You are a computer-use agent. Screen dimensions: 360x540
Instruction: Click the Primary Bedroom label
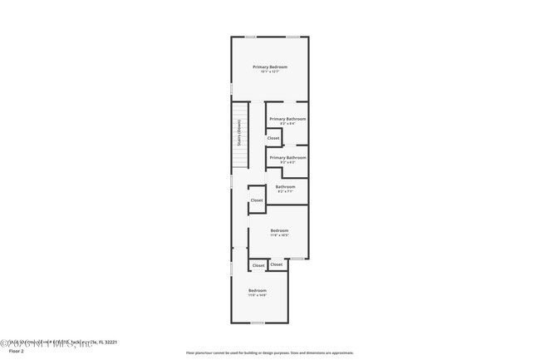(270, 67)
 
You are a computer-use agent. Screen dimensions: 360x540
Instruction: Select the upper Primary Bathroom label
(287, 119)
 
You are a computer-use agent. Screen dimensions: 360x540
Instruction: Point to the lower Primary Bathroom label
(287, 157)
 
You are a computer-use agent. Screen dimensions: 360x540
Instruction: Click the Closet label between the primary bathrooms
(273, 138)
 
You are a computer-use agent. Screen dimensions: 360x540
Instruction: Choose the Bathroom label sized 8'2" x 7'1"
(286, 187)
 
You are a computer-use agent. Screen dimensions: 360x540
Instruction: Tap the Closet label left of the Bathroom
(257, 200)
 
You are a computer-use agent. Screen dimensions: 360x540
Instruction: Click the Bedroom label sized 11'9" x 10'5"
(279, 230)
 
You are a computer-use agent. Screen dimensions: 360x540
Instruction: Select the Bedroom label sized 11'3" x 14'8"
(258, 290)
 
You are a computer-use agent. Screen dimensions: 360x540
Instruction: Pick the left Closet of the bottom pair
(258, 265)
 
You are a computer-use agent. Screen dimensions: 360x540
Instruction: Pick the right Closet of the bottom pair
(277, 264)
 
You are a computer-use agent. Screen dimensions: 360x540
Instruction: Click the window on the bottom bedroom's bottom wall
(258, 323)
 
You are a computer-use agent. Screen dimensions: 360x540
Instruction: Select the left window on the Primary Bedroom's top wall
(250, 37)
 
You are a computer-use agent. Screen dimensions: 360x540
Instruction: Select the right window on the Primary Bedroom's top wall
(292, 37)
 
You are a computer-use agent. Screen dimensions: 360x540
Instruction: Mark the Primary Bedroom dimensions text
(270, 72)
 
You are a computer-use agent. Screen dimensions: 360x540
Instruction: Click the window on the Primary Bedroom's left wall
(232, 87)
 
